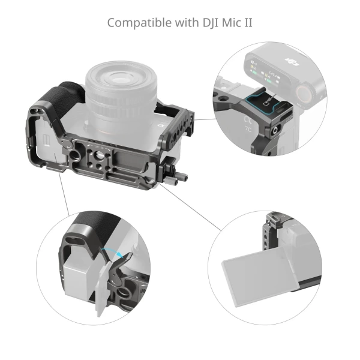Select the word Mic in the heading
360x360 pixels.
pyautogui.click(x=233, y=23)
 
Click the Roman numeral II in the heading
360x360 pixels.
pyautogui.click(x=249, y=23)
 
